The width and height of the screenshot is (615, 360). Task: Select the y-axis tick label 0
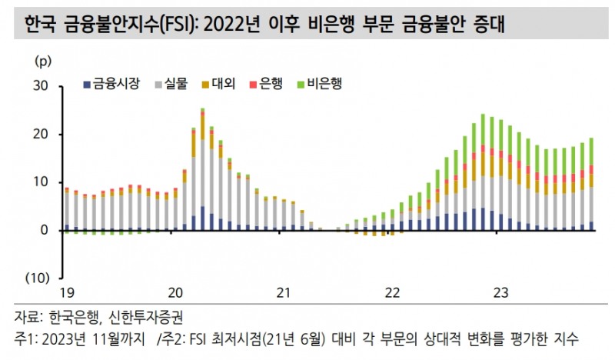click(x=45, y=230)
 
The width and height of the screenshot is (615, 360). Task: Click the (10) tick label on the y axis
click(x=39, y=278)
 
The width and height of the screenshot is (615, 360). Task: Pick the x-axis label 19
click(x=68, y=292)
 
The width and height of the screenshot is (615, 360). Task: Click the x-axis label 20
click(x=176, y=292)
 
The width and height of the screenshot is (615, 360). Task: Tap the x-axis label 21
click(x=284, y=292)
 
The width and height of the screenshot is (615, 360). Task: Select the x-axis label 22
click(x=392, y=292)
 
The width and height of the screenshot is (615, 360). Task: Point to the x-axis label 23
click(x=500, y=292)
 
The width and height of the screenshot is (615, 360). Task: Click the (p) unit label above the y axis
click(x=43, y=60)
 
